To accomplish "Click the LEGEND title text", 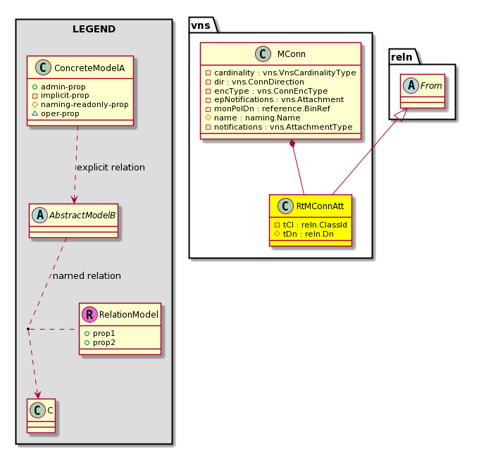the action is coord(94,29).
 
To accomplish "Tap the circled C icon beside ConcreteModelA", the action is coord(43,68).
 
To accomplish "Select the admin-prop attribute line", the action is coord(58,87).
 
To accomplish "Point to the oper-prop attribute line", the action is coord(56,113).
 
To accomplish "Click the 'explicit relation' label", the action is coord(111,168).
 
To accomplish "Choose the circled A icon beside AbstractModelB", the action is coord(39,215).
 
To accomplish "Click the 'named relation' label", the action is coord(87,276).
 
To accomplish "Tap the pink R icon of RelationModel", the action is coord(89,315).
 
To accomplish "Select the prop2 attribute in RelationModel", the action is coord(100,342).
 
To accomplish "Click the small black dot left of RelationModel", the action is coord(27,329).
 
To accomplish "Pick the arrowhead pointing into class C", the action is coord(37,394).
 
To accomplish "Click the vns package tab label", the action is coord(201,25).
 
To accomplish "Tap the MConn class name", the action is coord(291,54).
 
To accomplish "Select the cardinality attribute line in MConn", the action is coord(281,73).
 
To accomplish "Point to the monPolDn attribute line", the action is coord(268,108).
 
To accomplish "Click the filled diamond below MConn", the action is coord(292,144).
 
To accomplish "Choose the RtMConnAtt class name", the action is coord(320,206).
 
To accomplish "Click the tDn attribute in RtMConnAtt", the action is coord(304,234).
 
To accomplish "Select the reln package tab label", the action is coord(402,57).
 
